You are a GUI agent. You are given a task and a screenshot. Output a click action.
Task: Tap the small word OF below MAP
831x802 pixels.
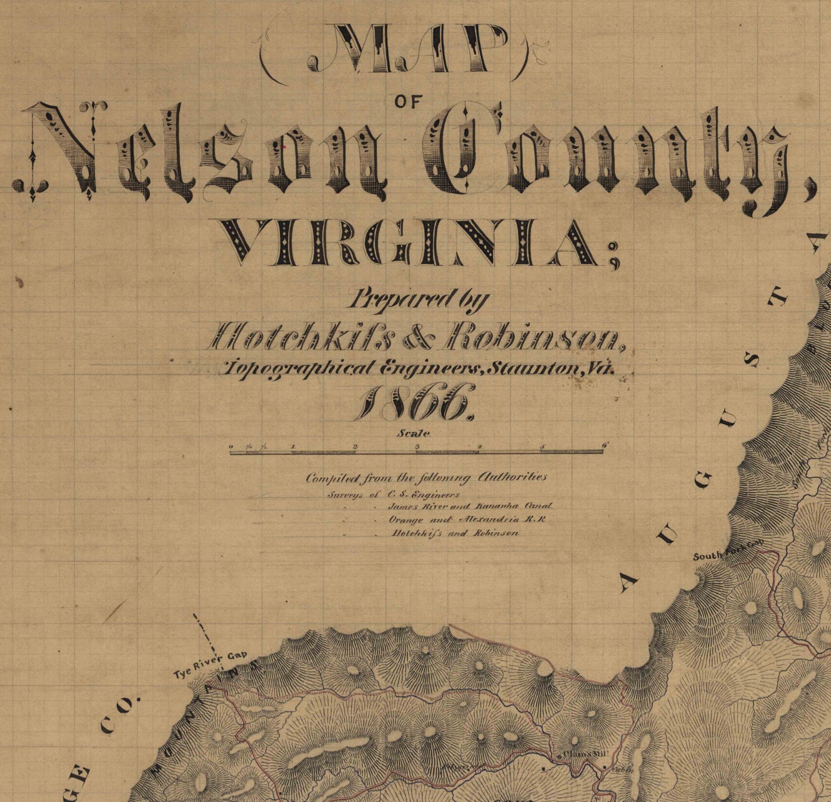click(409, 101)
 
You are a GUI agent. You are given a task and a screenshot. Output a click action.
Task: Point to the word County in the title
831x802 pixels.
click(609, 158)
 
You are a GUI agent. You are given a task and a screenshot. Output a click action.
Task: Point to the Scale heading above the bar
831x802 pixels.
click(413, 434)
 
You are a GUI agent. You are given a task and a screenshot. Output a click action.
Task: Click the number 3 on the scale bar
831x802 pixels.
click(417, 446)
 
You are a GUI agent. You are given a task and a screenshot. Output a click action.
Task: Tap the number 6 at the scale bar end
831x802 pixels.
click(604, 445)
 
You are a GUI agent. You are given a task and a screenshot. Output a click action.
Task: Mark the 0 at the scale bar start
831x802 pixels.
click(231, 446)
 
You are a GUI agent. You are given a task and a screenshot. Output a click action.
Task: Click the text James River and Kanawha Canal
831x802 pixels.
click(470, 506)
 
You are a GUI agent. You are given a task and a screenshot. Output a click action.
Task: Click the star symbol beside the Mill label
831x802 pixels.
click(558, 755)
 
